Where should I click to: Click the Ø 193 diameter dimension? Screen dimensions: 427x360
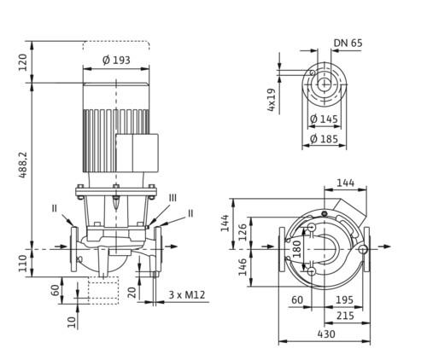click(x=116, y=60)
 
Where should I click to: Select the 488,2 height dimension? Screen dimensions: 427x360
click(x=23, y=165)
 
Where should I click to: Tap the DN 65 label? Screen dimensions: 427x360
click(x=348, y=43)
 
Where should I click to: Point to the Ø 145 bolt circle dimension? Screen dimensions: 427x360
click(x=324, y=119)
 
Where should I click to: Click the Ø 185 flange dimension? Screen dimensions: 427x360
click(x=324, y=139)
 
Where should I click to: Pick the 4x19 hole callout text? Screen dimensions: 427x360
click(x=271, y=100)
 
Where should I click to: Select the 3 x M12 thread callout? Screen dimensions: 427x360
click(x=187, y=294)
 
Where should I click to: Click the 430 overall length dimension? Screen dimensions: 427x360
click(x=326, y=334)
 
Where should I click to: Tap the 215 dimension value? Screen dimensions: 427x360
click(x=345, y=316)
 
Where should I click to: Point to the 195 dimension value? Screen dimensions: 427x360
click(x=344, y=299)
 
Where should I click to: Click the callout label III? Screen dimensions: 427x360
click(x=173, y=198)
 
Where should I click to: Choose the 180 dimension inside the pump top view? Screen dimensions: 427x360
click(x=297, y=249)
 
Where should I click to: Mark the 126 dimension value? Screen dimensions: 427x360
click(x=243, y=232)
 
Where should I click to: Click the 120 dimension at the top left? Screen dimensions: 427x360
click(x=23, y=62)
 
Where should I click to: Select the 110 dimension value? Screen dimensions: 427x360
click(x=23, y=264)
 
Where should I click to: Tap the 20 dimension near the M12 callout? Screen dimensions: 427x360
click(x=132, y=293)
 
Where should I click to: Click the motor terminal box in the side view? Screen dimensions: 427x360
click(x=137, y=153)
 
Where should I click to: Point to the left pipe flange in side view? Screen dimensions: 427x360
click(x=74, y=249)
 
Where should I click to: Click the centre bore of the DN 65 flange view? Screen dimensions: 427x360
click(x=324, y=84)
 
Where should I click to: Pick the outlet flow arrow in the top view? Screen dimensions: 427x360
click(x=384, y=247)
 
